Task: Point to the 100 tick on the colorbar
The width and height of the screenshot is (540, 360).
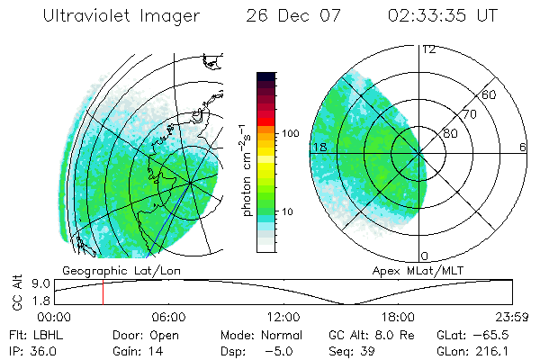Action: coord(291,133)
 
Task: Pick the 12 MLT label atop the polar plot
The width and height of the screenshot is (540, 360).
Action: coord(428,49)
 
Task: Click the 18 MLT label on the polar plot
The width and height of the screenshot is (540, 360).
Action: coord(318,147)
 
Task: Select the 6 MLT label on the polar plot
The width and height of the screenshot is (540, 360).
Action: coord(522,147)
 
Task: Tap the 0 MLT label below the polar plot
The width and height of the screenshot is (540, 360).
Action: coord(426,256)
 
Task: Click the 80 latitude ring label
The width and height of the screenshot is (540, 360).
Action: coord(451,133)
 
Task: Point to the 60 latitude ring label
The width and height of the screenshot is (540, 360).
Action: coord(490,94)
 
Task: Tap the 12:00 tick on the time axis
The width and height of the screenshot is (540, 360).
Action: coord(283,317)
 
